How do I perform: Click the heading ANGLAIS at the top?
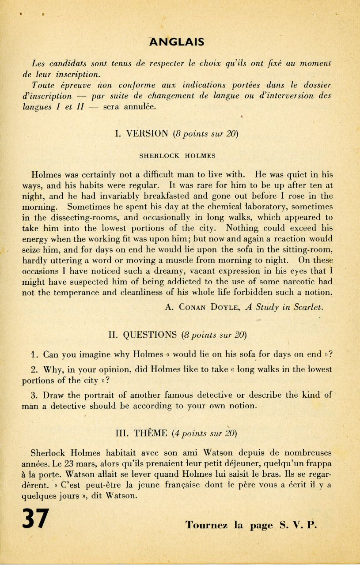(176, 42)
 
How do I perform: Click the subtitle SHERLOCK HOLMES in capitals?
(177, 156)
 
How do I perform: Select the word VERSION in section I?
(142, 133)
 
